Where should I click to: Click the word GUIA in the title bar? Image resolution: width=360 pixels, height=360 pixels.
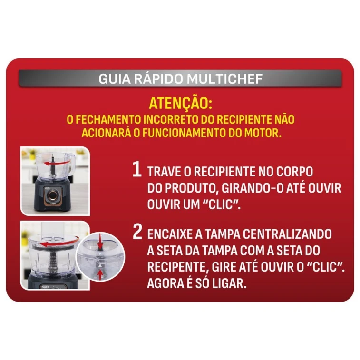(x=113, y=78)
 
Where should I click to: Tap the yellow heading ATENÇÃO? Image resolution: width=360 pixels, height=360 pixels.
(x=180, y=103)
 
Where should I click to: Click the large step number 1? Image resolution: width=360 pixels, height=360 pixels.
(x=136, y=170)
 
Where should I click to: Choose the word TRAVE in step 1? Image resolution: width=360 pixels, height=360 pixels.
(x=164, y=172)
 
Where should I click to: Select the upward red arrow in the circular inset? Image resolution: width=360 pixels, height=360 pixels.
(x=100, y=274)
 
